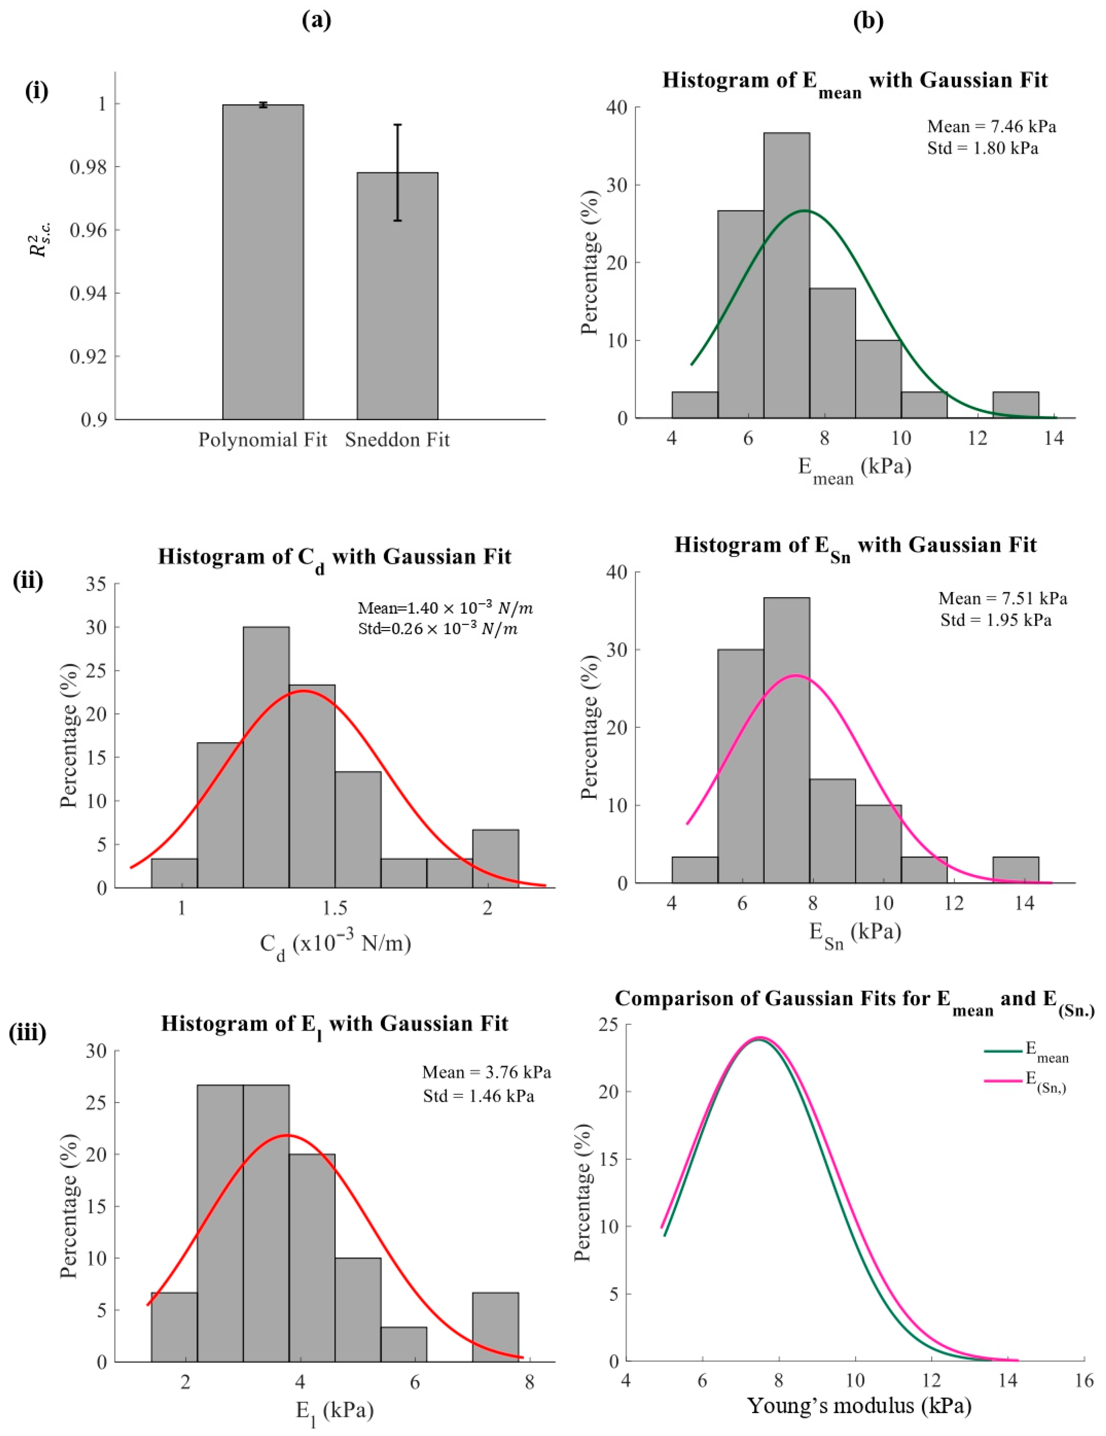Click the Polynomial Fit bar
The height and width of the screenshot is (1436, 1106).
263,262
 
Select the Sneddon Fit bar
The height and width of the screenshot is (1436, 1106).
397,296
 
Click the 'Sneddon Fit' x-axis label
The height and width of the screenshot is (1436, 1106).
397,440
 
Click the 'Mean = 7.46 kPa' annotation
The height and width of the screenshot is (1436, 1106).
992,126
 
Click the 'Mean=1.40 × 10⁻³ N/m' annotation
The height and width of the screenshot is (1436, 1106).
445,608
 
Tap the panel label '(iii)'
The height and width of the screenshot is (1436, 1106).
28,1034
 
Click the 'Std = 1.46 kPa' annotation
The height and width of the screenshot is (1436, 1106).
478,1096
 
